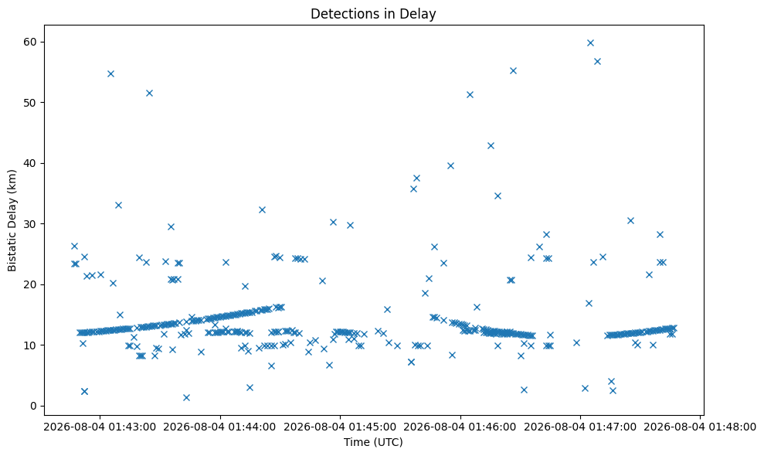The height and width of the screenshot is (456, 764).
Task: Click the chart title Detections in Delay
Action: point(373,14)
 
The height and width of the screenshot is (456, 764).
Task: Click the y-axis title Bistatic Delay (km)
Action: point(12,220)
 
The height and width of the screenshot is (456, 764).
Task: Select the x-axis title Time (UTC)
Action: point(373,442)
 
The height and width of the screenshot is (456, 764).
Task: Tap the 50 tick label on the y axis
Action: point(30,103)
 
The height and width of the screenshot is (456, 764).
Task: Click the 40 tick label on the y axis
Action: point(30,163)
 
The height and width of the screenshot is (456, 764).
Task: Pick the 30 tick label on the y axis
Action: point(30,224)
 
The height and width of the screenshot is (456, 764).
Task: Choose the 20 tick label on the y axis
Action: point(30,284)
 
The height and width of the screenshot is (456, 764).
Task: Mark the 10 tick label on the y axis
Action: point(30,345)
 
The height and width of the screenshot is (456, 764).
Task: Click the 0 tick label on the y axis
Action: point(34,406)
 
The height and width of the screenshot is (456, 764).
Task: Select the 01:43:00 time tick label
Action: point(100,427)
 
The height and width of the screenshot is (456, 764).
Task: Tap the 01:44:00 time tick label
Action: point(219,427)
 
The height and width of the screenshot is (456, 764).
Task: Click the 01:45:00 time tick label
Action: point(340,427)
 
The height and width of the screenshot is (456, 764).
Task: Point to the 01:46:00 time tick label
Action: point(460,427)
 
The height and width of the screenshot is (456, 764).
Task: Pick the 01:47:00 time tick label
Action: point(580,427)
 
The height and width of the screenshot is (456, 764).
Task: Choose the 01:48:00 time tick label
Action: point(700,427)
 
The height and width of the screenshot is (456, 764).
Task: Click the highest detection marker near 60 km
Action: point(590,43)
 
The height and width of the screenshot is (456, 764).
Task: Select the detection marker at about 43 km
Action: point(491,146)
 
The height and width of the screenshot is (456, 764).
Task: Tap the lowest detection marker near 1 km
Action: point(186,397)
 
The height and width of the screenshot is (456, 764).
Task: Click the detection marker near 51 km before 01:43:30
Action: point(150,94)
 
